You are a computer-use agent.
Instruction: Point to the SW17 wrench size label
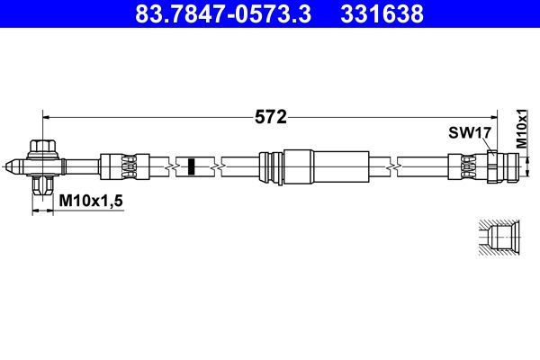tap(468, 133)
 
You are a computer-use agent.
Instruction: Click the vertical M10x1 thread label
tap(521, 129)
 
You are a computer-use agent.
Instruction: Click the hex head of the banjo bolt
tap(41, 147)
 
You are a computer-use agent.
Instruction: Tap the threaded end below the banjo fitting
tap(41, 187)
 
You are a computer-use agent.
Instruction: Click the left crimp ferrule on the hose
tap(119, 166)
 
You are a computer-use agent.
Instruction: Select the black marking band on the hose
tap(191, 166)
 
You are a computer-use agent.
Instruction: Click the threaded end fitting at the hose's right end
tap(504, 166)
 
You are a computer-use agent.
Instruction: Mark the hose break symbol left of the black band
tap(171, 166)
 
